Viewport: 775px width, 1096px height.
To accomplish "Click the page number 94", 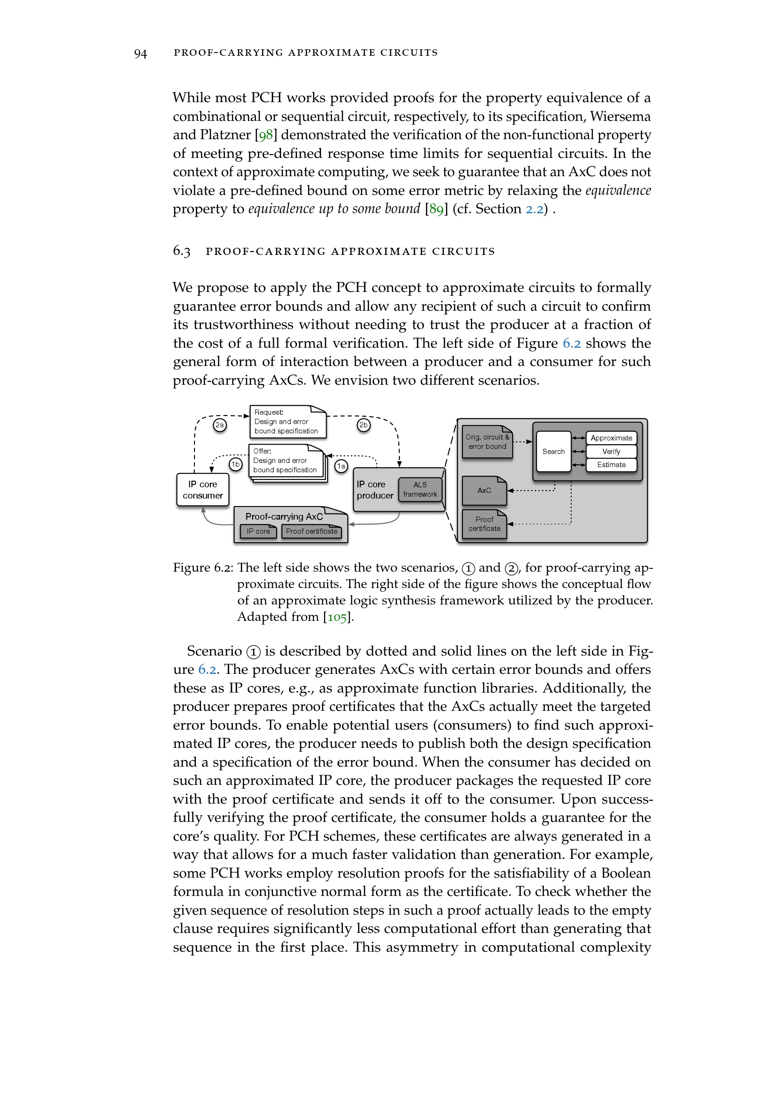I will pos(140,53).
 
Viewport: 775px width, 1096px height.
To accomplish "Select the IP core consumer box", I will pos(202,490).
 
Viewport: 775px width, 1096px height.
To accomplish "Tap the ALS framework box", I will pos(420,490).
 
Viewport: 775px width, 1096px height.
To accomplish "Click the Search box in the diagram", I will pos(553,452).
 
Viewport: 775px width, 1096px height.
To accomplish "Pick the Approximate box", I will pos(611,438).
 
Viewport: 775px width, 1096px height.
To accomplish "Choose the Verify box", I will pos(611,452).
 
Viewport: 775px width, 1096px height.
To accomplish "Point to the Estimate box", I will pos(611,465).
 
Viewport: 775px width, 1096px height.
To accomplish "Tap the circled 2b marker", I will pos(364,425).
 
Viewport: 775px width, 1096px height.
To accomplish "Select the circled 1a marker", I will pos(341,466).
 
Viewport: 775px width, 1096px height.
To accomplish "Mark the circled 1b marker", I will pos(236,464).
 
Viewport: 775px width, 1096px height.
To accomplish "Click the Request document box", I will pos(288,422).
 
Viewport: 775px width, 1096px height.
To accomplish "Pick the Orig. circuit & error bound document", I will pos(487,442).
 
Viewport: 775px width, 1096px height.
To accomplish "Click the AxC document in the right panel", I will pos(484,491).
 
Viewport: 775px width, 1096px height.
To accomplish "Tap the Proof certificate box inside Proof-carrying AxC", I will pos(312,531).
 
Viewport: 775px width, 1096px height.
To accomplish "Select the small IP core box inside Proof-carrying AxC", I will pos(258,531).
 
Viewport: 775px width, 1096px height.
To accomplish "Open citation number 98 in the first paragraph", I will pos(266,135).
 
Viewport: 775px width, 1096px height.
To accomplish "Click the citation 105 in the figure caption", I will pos(337,617).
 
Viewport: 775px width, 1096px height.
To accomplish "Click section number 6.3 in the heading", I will pos(181,252).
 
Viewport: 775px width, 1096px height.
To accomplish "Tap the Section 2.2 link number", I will pos(535,209).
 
